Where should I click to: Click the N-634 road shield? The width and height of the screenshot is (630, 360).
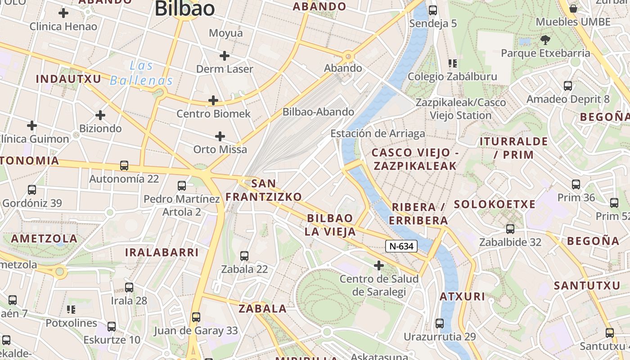[401, 246]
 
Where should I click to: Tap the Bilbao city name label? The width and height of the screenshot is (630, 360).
[184, 9]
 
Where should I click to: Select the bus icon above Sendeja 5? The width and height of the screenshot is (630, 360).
[433, 10]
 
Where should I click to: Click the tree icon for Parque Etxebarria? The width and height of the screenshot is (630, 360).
[545, 40]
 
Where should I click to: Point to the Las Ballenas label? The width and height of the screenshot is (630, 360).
[141, 73]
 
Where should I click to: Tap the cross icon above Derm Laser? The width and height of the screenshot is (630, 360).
[224, 56]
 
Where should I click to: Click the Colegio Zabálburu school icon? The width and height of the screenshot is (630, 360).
[452, 63]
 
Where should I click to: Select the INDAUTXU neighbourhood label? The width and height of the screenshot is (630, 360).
[68, 79]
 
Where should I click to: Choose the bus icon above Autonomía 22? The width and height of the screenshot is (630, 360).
[124, 166]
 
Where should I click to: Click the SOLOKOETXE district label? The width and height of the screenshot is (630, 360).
[495, 204]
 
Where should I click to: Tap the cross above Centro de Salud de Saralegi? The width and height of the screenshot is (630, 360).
[379, 265]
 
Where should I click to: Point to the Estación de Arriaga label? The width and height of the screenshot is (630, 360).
[378, 134]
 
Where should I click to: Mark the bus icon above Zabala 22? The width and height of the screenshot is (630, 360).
[244, 256]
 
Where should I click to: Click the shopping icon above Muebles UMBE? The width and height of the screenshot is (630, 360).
[573, 9]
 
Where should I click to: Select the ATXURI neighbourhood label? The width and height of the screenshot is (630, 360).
[462, 297]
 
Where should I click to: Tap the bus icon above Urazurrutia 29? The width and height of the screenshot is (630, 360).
[440, 323]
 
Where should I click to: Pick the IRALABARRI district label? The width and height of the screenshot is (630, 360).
[162, 252]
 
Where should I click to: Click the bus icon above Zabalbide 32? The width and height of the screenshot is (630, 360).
[510, 229]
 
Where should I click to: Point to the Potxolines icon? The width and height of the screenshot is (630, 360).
[71, 310]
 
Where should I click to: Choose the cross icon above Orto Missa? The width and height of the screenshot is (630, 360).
[220, 136]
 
